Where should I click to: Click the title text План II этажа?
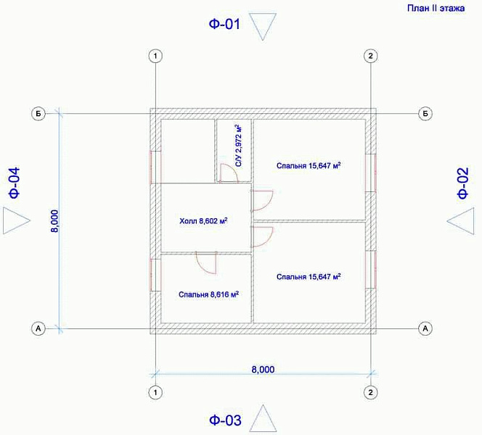436,8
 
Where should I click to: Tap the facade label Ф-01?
224,24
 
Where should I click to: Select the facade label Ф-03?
225,420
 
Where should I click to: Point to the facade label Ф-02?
463,183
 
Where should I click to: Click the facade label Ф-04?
14,183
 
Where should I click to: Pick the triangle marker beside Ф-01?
263,26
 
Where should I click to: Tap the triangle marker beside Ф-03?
263,418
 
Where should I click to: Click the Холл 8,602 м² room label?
203,220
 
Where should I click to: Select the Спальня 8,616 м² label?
209,294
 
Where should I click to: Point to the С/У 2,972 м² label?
238,146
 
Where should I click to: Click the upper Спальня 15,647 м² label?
309,165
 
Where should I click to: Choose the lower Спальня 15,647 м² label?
309,277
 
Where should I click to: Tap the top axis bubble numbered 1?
155,56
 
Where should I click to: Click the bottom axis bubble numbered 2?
370,392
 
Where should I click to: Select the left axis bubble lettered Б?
38,114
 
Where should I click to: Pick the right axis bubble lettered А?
425,328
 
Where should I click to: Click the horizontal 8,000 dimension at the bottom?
263,369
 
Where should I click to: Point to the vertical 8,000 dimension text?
54,221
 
